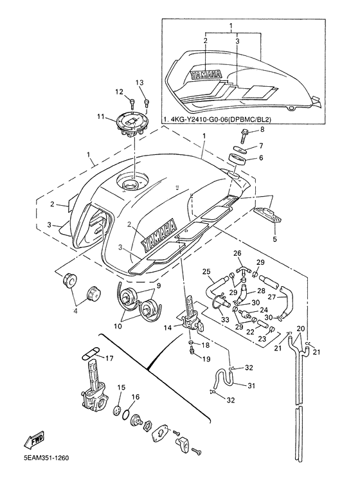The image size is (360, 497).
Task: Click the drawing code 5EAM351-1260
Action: pyautogui.click(x=46, y=458)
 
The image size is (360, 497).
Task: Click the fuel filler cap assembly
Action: pyautogui.click(x=132, y=125)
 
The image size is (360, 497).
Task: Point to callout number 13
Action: pyautogui.click(x=139, y=82)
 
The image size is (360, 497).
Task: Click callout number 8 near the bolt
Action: pyautogui.click(x=262, y=129)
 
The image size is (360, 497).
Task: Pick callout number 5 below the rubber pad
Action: pyautogui.click(x=274, y=239)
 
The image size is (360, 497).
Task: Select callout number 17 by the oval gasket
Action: pyautogui.click(x=109, y=359)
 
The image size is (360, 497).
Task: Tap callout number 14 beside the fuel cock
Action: pyautogui.click(x=168, y=327)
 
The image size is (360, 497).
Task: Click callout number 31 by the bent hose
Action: pyautogui.click(x=251, y=386)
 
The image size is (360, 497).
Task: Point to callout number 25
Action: pyautogui.click(x=206, y=271)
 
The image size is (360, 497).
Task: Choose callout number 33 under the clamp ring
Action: pyautogui.click(x=225, y=320)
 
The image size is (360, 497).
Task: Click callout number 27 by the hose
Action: pyautogui.click(x=273, y=297)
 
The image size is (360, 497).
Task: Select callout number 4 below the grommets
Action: pyautogui.click(x=75, y=311)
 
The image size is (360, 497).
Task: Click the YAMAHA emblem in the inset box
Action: pyautogui.click(x=206, y=74)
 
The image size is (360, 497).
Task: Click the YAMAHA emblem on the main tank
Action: pyautogui.click(x=158, y=234)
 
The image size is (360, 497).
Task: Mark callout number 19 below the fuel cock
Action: pyautogui.click(x=206, y=359)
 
